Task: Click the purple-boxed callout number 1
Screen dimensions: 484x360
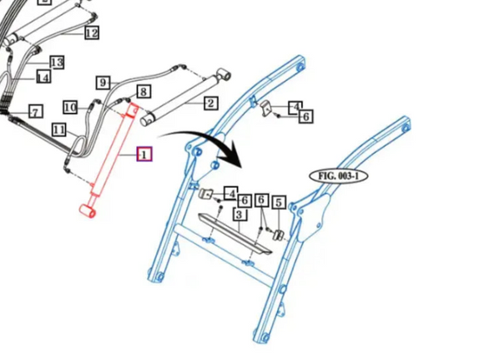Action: tap(144, 154)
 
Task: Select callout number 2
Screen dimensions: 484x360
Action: tap(211, 103)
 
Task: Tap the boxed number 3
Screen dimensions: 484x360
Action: tap(239, 214)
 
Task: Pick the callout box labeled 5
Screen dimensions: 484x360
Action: tap(279, 203)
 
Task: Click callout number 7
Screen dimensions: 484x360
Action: tap(36, 112)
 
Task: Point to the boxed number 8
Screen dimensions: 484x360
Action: tap(144, 92)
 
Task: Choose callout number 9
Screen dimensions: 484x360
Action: tap(103, 83)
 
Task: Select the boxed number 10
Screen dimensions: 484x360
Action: tap(70, 108)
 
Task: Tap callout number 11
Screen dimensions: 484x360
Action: tap(59, 129)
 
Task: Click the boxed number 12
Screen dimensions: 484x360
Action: tap(92, 33)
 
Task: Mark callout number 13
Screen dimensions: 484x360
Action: tap(57, 63)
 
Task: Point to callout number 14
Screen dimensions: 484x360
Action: tap(43, 77)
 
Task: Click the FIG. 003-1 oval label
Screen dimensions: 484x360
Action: tap(338, 176)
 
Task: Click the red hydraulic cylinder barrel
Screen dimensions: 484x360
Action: tap(113, 150)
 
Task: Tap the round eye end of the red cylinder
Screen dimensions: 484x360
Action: tap(88, 211)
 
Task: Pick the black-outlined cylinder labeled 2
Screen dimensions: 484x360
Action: tap(186, 97)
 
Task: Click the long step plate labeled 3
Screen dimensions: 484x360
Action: tap(234, 234)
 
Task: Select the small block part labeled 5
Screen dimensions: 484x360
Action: tap(279, 235)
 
